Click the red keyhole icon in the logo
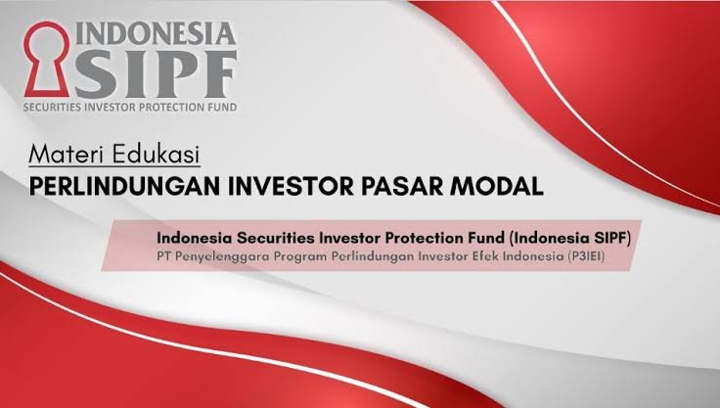pyautogui.click(x=46, y=60)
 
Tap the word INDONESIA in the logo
pyautogui.click(x=156, y=33)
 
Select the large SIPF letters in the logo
pyautogui.click(x=157, y=73)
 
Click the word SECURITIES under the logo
pyautogui.click(x=52, y=108)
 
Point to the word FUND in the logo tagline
pyautogui.click(x=224, y=108)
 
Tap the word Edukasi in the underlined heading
pyautogui.click(x=157, y=155)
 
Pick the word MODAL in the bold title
pyautogui.click(x=497, y=187)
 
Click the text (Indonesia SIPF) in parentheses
pyautogui.click(x=570, y=238)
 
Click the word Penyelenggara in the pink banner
pyautogui.click(x=223, y=256)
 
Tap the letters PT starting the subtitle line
pyautogui.click(x=164, y=256)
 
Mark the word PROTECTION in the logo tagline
pyautogui.click(x=173, y=108)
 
